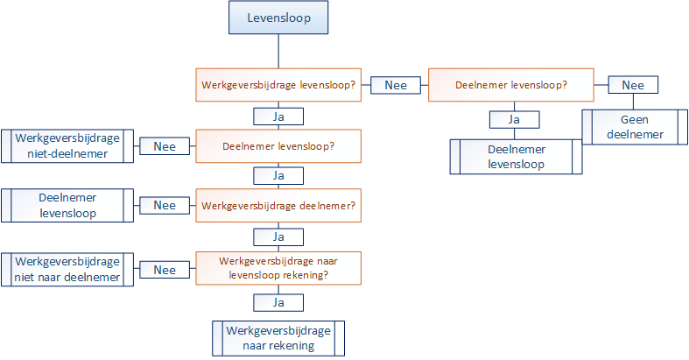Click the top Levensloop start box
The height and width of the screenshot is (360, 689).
point(278,18)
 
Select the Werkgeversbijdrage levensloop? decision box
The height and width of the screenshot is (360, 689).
point(278,85)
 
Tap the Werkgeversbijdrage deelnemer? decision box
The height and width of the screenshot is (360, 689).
point(278,205)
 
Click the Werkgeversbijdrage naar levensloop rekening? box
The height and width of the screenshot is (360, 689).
point(278,268)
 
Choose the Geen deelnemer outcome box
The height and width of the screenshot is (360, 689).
point(635,127)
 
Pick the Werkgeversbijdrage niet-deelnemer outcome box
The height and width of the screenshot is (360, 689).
point(67,146)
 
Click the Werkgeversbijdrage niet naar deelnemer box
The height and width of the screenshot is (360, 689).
point(67,270)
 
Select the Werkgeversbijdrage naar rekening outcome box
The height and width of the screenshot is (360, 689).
point(278,338)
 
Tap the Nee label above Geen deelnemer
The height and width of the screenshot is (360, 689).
point(633,85)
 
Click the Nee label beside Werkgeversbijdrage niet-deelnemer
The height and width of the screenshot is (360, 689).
point(165,146)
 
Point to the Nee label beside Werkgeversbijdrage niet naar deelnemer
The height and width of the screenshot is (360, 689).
point(165,270)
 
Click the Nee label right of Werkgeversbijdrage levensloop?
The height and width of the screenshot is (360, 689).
point(396,85)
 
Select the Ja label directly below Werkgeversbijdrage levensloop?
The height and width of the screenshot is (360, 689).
point(278,116)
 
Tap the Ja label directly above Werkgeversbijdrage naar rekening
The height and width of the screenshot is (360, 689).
point(278,303)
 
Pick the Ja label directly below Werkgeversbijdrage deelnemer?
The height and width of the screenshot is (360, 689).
point(278,236)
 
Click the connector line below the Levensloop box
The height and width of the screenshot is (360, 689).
point(278,51)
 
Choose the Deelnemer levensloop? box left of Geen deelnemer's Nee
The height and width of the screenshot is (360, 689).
point(511,85)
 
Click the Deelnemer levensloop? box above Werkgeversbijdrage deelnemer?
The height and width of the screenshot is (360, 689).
point(278,146)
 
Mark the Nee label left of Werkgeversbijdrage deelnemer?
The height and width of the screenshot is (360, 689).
point(165,205)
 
